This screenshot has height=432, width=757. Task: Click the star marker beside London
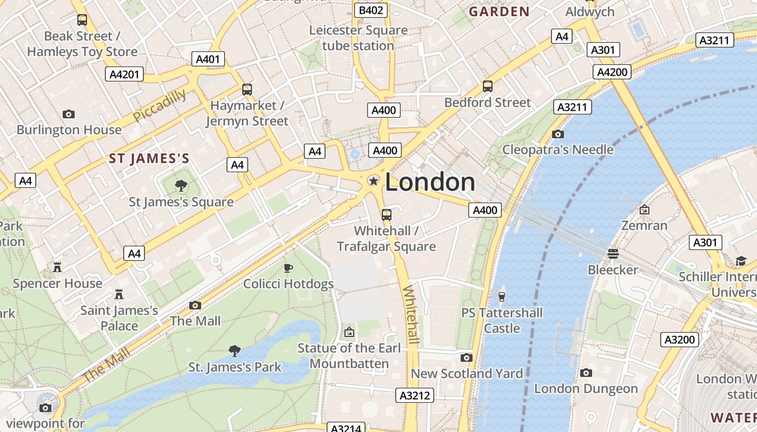(373, 181)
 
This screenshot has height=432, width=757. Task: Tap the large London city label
(430, 183)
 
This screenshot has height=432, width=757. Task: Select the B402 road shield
(371, 10)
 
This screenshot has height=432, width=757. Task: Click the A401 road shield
(208, 59)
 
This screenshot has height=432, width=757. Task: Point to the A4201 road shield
(124, 74)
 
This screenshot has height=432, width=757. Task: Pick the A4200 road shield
(612, 72)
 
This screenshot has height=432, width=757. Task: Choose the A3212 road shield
(415, 395)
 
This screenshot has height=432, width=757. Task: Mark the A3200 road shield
(680, 340)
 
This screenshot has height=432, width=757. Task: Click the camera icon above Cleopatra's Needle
(557, 134)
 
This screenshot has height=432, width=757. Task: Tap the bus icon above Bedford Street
(487, 86)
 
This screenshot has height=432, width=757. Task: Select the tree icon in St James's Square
(181, 186)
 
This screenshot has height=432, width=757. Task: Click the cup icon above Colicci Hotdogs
(288, 268)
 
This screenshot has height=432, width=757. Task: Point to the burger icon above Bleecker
(613, 253)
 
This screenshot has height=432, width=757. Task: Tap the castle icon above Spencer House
(57, 267)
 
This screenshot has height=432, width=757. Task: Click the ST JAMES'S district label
(149, 159)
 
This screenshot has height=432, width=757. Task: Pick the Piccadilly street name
(160, 105)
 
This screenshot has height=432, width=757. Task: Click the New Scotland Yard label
(467, 374)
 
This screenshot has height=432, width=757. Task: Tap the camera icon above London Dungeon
(586, 373)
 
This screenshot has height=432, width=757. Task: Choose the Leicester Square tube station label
(358, 38)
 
